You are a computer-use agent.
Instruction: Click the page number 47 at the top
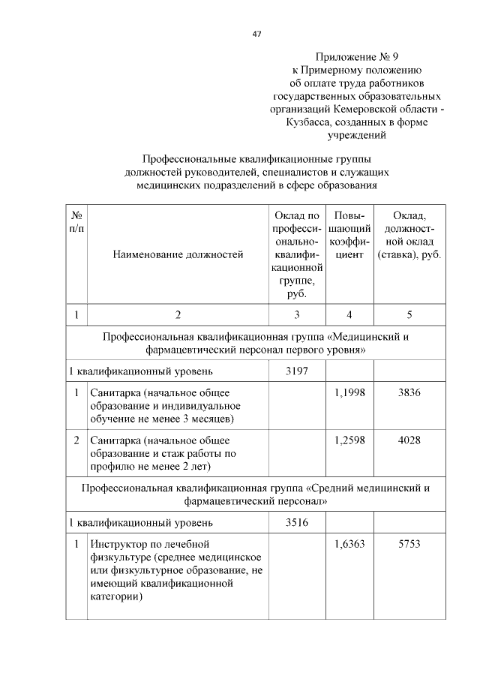click(256, 35)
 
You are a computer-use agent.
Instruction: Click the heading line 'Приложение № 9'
click(356, 56)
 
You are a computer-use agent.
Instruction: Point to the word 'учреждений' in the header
click(356, 136)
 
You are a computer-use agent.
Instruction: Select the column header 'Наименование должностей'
click(178, 254)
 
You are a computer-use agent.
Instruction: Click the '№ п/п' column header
click(76, 221)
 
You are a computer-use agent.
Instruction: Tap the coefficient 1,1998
click(349, 392)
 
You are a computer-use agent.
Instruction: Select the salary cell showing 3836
click(409, 392)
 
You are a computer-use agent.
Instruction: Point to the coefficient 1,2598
click(349, 440)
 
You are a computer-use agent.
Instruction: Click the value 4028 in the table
click(409, 440)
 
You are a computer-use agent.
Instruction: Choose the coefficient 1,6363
click(349, 544)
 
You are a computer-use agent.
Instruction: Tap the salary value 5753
click(409, 544)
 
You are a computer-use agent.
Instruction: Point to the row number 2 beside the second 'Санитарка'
click(76, 440)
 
